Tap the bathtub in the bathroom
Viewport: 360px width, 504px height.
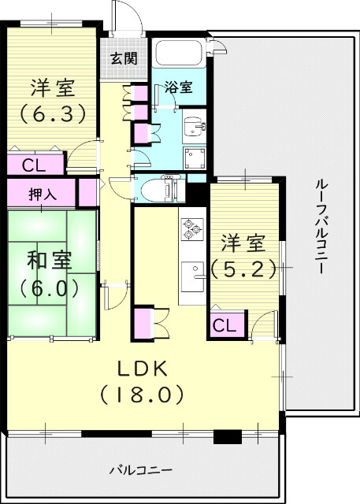point(179,54)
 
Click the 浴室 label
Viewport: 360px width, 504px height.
point(179,87)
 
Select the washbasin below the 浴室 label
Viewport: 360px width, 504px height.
point(194,126)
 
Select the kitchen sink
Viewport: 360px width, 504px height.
point(191,276)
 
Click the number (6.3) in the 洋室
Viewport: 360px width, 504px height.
point(53,114)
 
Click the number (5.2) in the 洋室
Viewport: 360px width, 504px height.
point(244,269)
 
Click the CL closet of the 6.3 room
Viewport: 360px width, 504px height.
point(32,165)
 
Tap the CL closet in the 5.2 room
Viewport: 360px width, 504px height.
point(223,324)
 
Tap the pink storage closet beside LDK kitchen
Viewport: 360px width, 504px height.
point(145,324)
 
